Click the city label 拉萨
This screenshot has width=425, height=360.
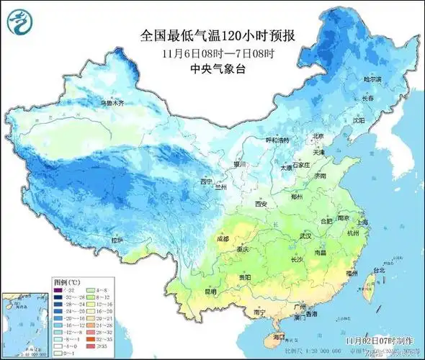click(x=118, y=239)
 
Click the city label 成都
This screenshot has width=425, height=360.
click(x=223, y=238)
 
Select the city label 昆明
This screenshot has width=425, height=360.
click(x=209, y=292)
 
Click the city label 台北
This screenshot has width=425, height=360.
click(x=376, y=271)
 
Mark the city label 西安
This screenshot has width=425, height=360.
click(x=260, y=205)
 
